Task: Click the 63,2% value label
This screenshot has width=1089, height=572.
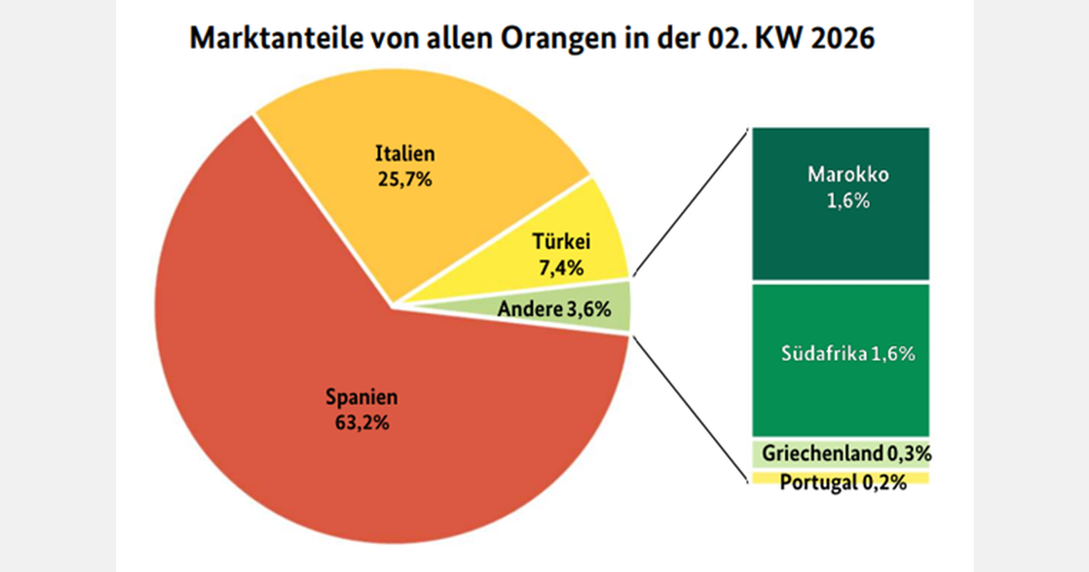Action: tap(361, 422)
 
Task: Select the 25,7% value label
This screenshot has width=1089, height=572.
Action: tap(404, 179)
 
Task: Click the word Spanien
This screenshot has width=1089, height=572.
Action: tap(361, 398)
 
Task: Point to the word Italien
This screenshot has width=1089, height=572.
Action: tap(404, 154)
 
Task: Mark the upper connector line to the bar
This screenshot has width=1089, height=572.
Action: tap(690, 201)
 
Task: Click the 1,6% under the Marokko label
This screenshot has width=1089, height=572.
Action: tap(839, 202)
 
